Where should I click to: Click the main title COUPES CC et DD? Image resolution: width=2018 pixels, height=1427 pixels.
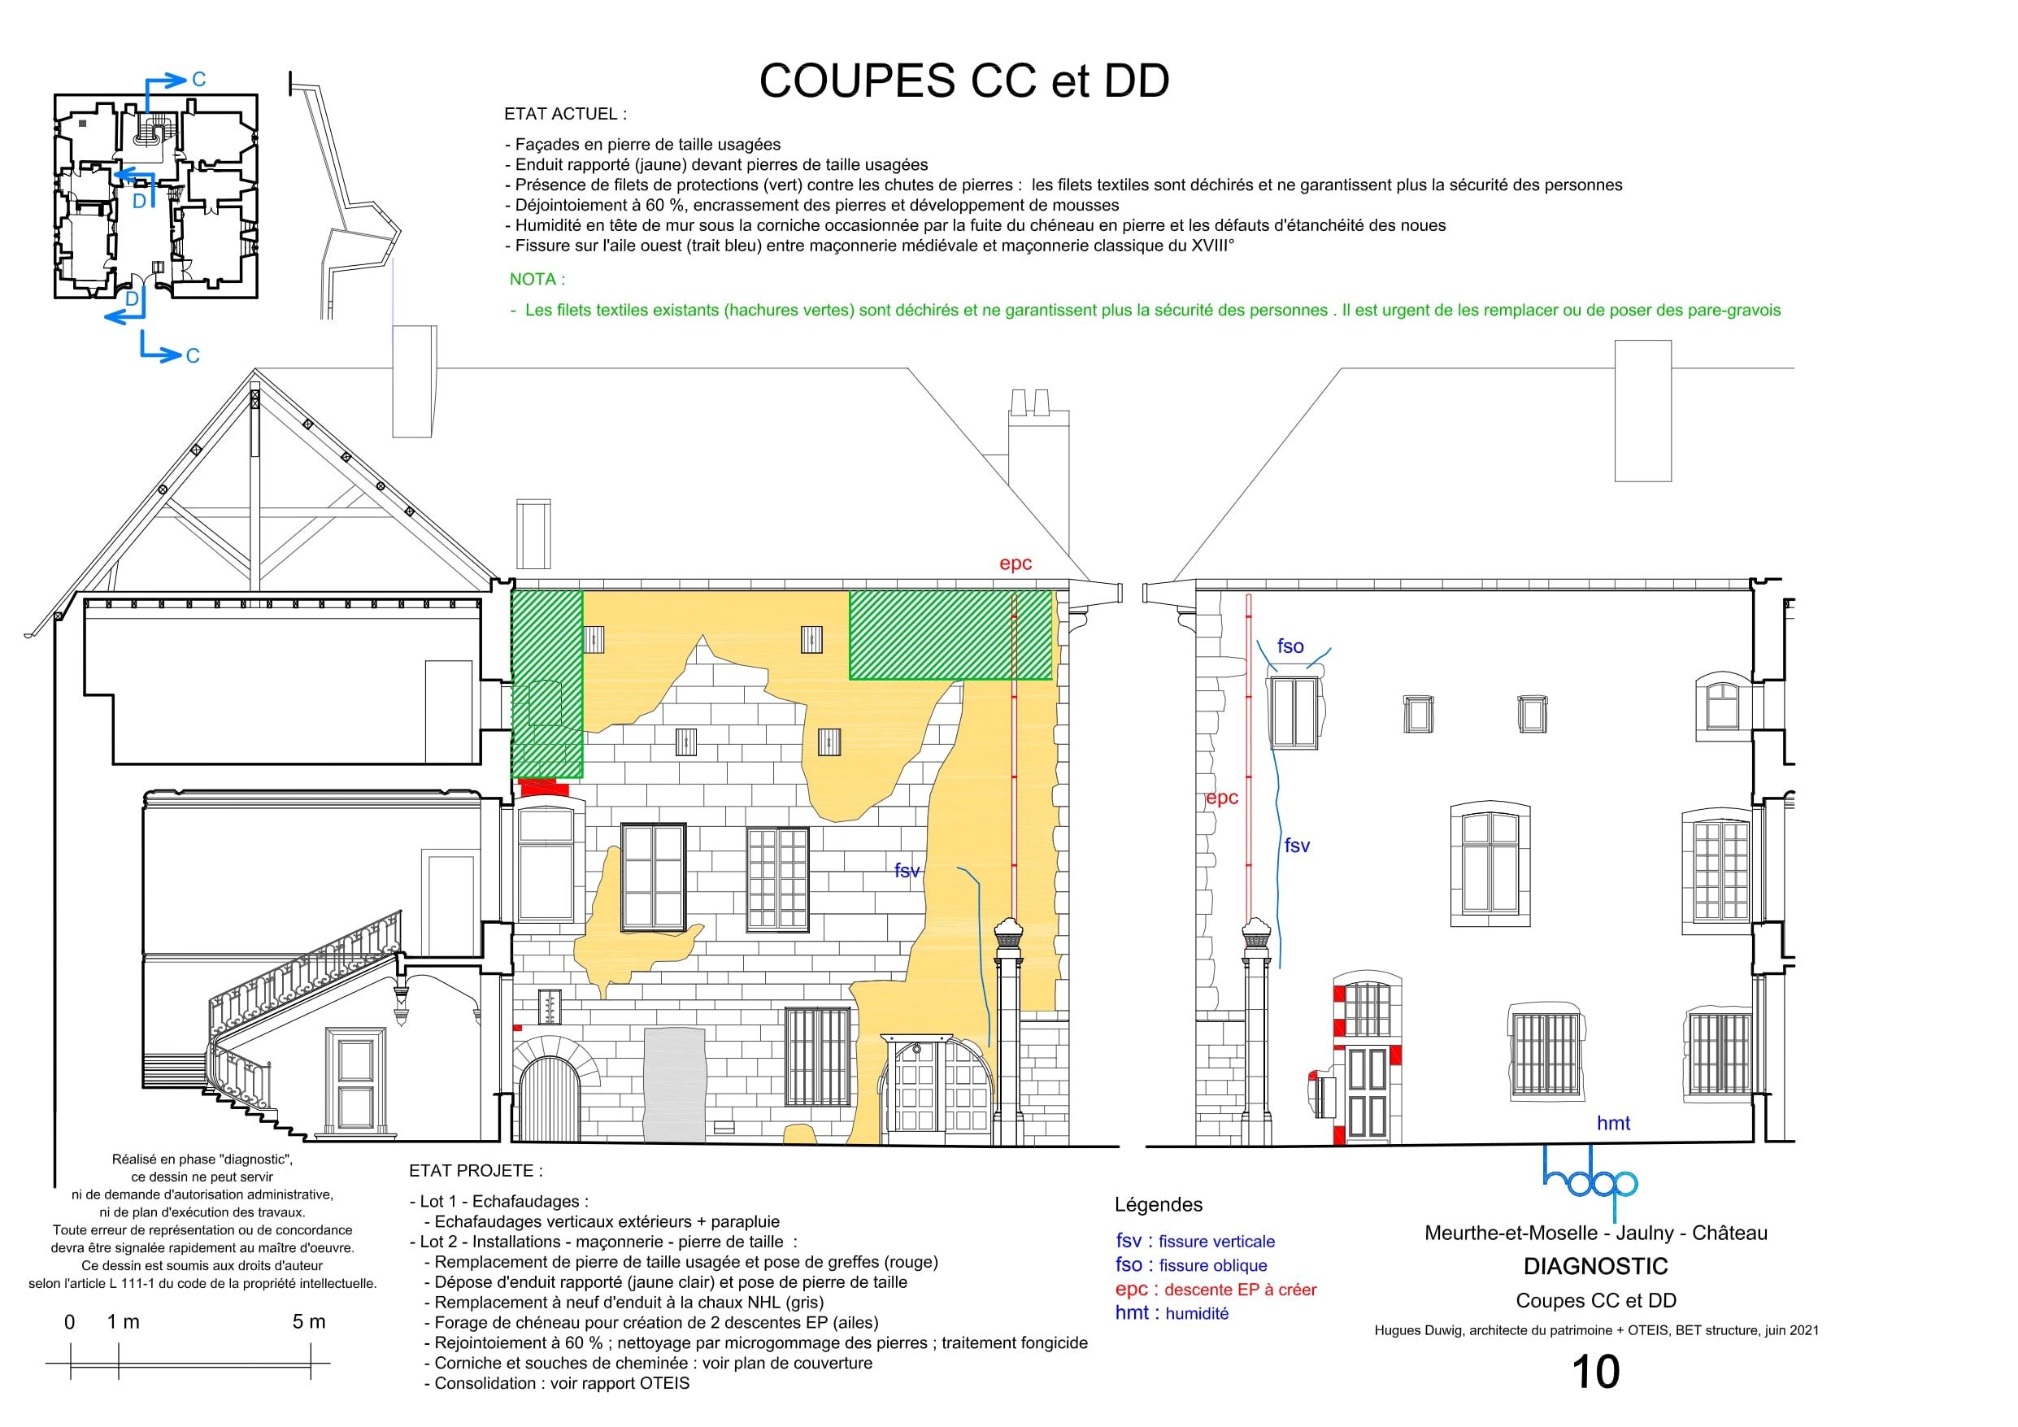pos(964,80)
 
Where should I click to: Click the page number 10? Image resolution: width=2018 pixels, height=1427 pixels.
pos(1595,1372)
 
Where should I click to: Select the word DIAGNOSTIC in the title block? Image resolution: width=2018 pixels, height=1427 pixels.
pos(1595,1266)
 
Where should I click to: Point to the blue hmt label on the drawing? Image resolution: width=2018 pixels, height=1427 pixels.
pos(1613,1123)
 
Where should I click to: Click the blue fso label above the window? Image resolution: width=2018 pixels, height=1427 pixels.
pos(1290,646)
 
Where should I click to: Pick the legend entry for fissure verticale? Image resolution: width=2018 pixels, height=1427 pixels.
pos(1195,1241)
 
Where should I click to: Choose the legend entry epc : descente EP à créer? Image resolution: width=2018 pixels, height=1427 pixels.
pos(1216,1289)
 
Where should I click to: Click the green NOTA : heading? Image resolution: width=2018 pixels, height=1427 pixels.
pos(537,279)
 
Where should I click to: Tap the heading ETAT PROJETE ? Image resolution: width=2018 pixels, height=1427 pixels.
pos(476,1170)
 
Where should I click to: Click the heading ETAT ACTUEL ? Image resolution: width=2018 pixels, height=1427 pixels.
pos(565,113)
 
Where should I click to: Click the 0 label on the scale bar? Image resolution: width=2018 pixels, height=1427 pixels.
pos(69,1321)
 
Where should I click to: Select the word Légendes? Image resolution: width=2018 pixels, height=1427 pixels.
pos(1159,1204)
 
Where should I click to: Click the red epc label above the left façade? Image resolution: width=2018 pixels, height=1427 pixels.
pos(1016,563)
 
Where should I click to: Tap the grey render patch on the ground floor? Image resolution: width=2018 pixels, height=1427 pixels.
pos(675,1084)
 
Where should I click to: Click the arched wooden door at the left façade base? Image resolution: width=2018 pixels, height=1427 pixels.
pos(549,1099)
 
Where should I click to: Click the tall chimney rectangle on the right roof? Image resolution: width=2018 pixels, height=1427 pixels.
pos(1642,411)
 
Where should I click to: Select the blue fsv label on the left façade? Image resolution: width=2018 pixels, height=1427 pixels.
pos(907,871)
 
